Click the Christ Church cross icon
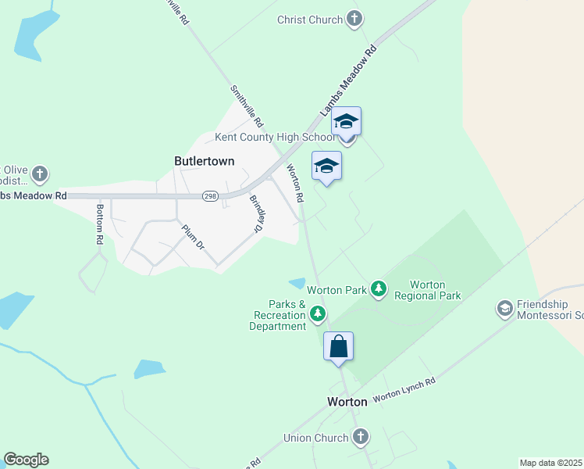[354, 19]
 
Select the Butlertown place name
[204, 160]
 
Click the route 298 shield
[211, 196]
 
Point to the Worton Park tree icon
[379, 289]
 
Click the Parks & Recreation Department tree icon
[318, 314]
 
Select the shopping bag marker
[339, 345]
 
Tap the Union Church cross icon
[360, 438]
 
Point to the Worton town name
[347, 402]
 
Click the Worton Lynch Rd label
[404, 388]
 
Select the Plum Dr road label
[192, 237]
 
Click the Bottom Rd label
[99, 224]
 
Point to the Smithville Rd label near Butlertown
[247, 106]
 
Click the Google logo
[26, 460]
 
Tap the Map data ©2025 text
[551, 463]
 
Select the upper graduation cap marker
[346, 122]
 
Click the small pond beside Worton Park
[297, 283]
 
